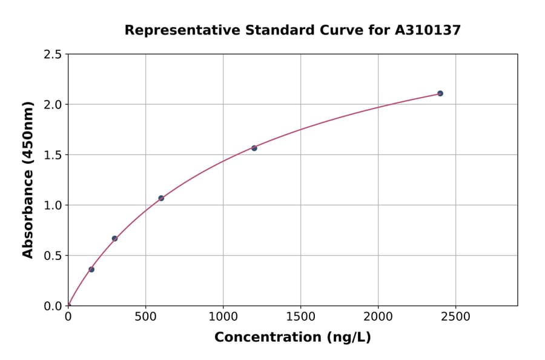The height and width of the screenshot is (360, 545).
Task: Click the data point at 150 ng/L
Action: [91, 269]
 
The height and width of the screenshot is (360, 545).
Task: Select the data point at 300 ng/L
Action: [114, 238]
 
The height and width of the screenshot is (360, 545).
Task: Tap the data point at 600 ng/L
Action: [161, 198]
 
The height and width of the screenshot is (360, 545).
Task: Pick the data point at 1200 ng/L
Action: [254, 148]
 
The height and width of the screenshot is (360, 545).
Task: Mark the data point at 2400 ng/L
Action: [440, 93]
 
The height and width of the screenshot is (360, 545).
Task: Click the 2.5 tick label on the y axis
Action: [53, 55]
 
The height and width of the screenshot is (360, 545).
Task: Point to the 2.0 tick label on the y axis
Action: [53, 105]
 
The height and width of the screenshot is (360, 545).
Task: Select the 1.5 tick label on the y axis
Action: [53, 155]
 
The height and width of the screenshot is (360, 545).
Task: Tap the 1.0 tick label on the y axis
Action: [53, 205]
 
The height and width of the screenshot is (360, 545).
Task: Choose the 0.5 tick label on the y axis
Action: [53, 256]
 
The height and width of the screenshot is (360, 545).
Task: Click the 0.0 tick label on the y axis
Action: [53, 306]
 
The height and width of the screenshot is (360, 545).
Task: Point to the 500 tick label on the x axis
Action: [145, 317]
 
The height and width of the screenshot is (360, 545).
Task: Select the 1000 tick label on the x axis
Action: [223, 317]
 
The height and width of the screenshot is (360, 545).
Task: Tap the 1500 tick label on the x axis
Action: [300, 317]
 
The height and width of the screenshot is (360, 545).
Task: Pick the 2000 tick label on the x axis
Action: [378, 317]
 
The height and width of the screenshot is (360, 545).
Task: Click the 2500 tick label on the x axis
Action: [455, 317]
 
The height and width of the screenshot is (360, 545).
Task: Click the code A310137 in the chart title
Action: [428, 30]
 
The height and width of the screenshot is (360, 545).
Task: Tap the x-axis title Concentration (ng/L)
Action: [292, 338]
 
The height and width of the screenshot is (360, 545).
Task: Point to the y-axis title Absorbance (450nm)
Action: [28, 180]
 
